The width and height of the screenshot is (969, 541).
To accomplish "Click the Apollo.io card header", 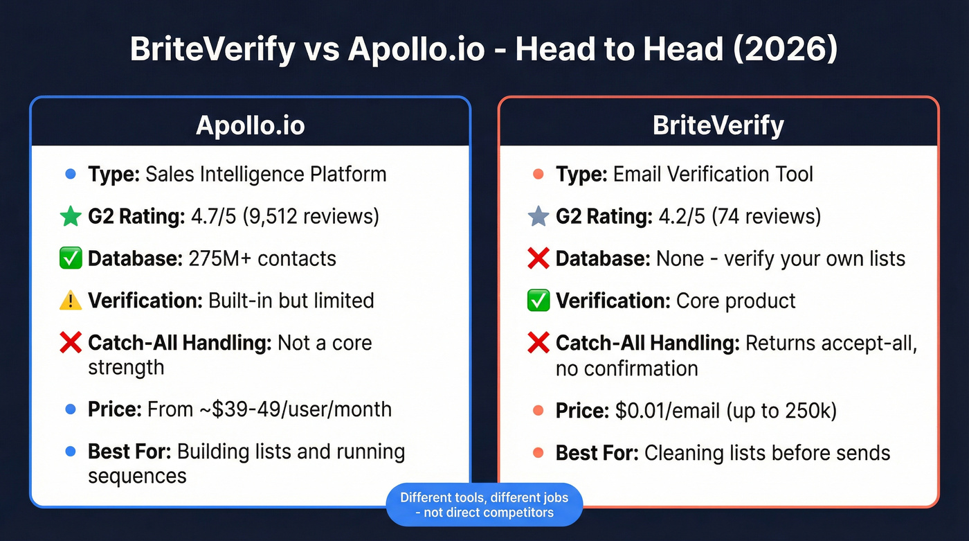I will click(250, 125).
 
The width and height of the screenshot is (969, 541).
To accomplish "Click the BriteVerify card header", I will click(718, 125).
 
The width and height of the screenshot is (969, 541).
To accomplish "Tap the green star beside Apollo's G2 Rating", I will click(70, 217).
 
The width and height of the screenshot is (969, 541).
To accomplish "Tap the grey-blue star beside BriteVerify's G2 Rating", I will click(538, 217).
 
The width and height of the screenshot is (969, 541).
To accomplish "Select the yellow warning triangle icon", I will click(70, 301).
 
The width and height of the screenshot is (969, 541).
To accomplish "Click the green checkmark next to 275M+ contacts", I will click(70, 258).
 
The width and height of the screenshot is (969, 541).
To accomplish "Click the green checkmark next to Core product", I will click(538, 301).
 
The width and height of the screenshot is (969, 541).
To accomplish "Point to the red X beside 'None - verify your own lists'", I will click(538, 258).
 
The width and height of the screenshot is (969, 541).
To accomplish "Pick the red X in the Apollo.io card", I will click(70, 343).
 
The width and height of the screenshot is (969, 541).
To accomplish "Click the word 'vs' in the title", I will click(320, 51).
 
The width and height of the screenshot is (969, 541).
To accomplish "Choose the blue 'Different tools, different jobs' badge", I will click(484, 505).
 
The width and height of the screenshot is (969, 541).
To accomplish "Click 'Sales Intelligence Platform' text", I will click(266, 174).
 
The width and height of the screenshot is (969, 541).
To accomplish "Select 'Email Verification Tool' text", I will click(713, 174).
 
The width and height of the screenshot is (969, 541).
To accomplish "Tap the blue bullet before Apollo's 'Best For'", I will click(70, 452).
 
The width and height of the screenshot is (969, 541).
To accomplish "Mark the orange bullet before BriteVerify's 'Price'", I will click(538, 411).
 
